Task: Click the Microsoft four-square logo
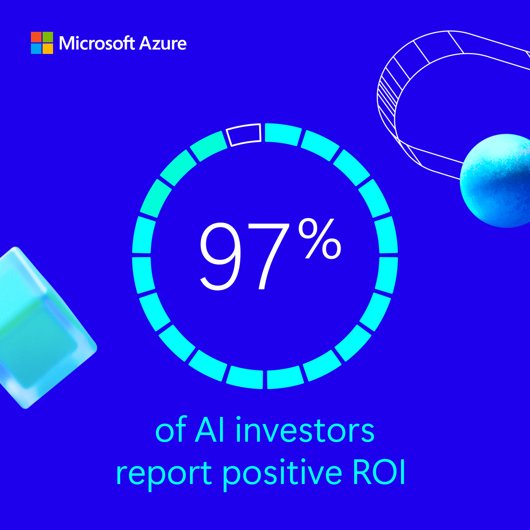42,43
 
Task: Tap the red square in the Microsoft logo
36,37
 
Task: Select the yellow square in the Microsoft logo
48,49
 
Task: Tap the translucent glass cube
40,327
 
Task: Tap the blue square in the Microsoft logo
36,49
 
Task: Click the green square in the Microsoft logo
48,37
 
